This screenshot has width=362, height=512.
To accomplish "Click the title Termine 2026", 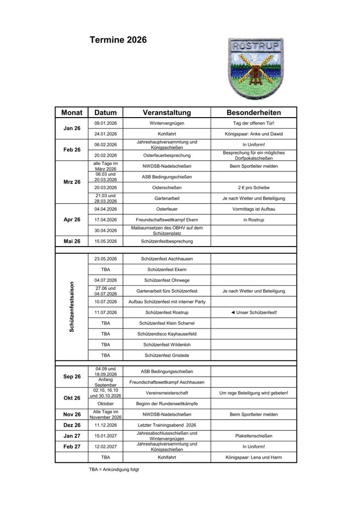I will coord(118,40).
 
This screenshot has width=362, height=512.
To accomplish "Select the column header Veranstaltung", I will coord(167,113).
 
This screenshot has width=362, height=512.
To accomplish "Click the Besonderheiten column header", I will coord(253,113).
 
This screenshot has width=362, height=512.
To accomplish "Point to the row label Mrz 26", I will coord(72,182).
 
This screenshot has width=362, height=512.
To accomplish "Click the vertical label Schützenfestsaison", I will coord(72,308).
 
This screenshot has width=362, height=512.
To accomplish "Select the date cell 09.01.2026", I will coord(105,123).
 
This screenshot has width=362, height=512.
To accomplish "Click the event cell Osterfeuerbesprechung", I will coord(167,155).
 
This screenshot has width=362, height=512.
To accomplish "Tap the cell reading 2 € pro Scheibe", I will coord(253,188).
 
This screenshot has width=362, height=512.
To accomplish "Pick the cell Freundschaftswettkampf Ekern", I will coord(167,219).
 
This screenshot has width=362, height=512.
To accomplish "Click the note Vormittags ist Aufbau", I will coord(253,209).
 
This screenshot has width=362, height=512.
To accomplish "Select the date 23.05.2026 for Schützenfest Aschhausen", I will coord(105,259).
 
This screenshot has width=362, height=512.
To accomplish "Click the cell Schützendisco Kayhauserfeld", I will coord(167,334).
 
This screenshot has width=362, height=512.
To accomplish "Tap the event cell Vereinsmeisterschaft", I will coord(167,393).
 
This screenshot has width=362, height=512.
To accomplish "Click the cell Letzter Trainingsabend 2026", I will coord(167,425).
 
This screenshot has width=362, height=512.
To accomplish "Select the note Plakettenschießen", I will coord(253,436).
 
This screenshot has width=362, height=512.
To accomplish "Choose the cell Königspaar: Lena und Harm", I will coord(253,457).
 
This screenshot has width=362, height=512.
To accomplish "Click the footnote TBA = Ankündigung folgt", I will coord(114,470).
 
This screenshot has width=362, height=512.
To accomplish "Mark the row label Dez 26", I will coord(72,425).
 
